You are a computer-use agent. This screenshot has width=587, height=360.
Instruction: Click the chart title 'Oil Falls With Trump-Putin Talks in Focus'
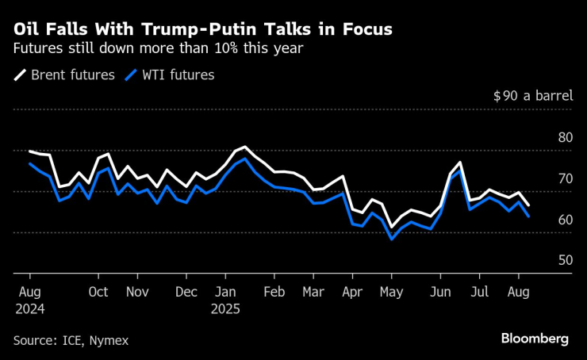coord(202,29)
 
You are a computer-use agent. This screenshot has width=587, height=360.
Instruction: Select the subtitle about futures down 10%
coord(159,48)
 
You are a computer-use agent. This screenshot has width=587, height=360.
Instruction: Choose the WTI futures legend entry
coord(169,75)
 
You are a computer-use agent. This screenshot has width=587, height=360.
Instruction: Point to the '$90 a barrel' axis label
coord(532,96)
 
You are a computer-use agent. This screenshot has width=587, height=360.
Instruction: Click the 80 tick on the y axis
coord(565,137)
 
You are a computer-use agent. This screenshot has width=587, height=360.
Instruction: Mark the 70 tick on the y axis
coord(565,178)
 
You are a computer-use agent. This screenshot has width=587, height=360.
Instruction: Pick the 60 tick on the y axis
coord(565,220)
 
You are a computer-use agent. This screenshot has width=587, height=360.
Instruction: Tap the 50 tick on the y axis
coord(565,260)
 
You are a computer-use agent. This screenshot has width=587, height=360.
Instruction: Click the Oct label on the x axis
coord(98,291)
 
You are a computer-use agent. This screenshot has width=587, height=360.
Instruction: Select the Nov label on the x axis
coord(138,291)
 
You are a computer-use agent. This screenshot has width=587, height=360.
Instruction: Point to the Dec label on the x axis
coord(186,291)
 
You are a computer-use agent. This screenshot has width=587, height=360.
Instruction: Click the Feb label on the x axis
coord(273,291)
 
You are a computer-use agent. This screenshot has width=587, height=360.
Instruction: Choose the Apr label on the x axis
coord(351,291)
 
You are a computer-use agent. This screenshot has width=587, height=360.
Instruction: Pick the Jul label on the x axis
coord(478,291)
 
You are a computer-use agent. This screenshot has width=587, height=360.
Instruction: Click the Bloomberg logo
coord(535,339)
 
